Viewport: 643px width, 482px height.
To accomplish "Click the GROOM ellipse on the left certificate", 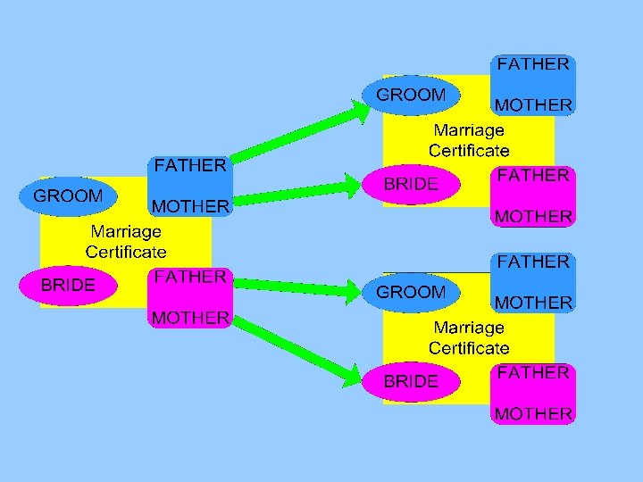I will tap(68, 195).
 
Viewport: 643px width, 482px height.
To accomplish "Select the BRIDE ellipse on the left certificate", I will tap(68, 286).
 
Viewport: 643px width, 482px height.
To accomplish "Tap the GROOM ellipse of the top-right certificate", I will tap(411, 95).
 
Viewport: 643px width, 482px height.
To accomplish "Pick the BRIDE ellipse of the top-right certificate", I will tap(411, 184).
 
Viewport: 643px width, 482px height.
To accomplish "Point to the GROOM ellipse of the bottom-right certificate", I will tap(411, 292).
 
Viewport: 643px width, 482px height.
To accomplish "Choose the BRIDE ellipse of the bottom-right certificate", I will tap(411, 381).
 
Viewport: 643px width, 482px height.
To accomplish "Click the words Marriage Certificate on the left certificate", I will tap(126, 241).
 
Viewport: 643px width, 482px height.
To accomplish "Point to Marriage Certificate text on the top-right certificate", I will tap(469, 140).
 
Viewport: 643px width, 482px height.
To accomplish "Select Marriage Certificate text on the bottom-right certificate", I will tap(469, 338).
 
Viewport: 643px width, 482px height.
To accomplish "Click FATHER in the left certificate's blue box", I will tap(190, 165).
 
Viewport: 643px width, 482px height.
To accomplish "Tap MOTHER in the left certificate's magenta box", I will tap(190, 317).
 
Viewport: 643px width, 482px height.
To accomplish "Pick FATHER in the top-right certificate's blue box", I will tap(533, 64).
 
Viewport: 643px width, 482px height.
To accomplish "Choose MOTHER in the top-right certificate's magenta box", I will tap(533, 216).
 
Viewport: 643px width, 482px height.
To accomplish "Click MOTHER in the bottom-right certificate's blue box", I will tap(533, 303).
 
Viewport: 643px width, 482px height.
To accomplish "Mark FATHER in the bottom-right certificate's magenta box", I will tap(533, 372).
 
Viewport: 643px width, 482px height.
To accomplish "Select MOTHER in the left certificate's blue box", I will tap(190, 206).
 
